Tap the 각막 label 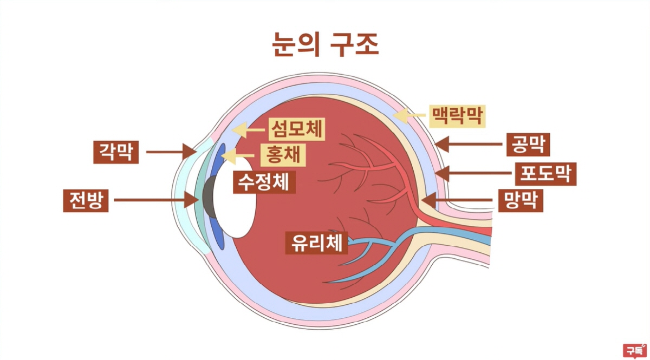pyautogui.click(x=115, y=152)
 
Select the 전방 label pyautogui.click(x=86, y=200)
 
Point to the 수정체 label pyautogui.click(x=264, y=181)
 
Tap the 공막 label pyautogui.click(x=528, y=145)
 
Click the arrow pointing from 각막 pyautogui.click(x=170, y=152)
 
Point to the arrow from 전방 pyautogui.click(x=158, y=200)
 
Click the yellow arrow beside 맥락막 pyautogui.click(x=409, y=115)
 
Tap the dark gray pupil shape pyautogui.click(x=208, y=195)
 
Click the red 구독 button pyautogui.click(x=634, y=350)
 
